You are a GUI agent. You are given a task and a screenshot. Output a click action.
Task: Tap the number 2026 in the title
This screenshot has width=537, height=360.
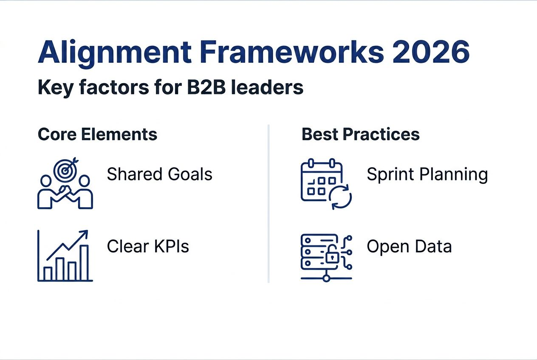tap(431, 52)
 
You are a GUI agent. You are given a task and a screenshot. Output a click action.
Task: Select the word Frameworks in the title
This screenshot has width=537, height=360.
tap(293, 52)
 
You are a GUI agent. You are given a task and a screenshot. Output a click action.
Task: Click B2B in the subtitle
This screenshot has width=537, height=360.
tap(206, 87)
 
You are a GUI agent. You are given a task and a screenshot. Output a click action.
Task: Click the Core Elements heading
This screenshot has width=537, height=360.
tap(98, 134)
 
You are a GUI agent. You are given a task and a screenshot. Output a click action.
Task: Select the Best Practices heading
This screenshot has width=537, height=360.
tap(361, 134)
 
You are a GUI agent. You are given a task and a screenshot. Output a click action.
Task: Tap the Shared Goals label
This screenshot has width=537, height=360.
tap(159, 174)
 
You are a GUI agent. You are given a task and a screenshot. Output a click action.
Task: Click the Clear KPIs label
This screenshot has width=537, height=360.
tap(148, 246)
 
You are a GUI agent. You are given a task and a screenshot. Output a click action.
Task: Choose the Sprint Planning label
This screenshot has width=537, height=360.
tap(427, 175)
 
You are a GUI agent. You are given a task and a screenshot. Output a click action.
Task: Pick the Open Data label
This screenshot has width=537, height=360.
tap(409, 247)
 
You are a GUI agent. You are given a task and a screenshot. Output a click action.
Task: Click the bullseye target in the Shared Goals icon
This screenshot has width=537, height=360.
tap(65, 170)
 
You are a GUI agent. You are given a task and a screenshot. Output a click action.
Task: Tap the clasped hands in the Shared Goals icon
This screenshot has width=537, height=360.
tap(65, 190)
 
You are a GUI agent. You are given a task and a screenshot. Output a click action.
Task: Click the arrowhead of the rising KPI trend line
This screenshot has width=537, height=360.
tap(85, 233)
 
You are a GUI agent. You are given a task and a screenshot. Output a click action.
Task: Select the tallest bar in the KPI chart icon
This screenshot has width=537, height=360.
tap(84, 262)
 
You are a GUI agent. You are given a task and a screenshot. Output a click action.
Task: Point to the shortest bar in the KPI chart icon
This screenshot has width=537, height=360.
tap(48, 273)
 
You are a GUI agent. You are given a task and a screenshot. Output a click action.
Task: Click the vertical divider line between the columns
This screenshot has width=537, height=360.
tap(268, 204)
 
